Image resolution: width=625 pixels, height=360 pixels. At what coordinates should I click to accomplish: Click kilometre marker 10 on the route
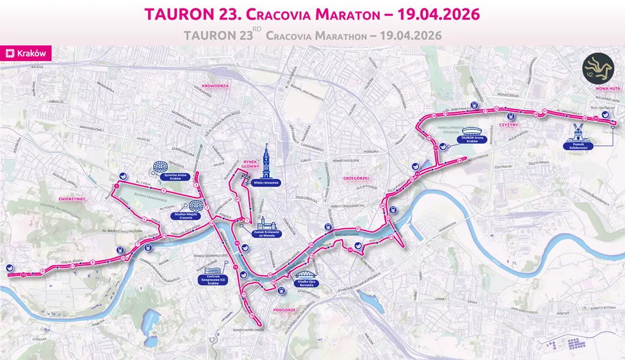pyautogui.click(x=23, y=275)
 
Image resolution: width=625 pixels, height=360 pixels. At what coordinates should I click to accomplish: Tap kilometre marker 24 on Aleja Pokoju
pyautogui.click(x=458, y=160)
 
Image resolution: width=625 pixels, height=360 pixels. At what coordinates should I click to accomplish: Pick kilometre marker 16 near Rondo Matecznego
pyautogui.click(x=251, y=315)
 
